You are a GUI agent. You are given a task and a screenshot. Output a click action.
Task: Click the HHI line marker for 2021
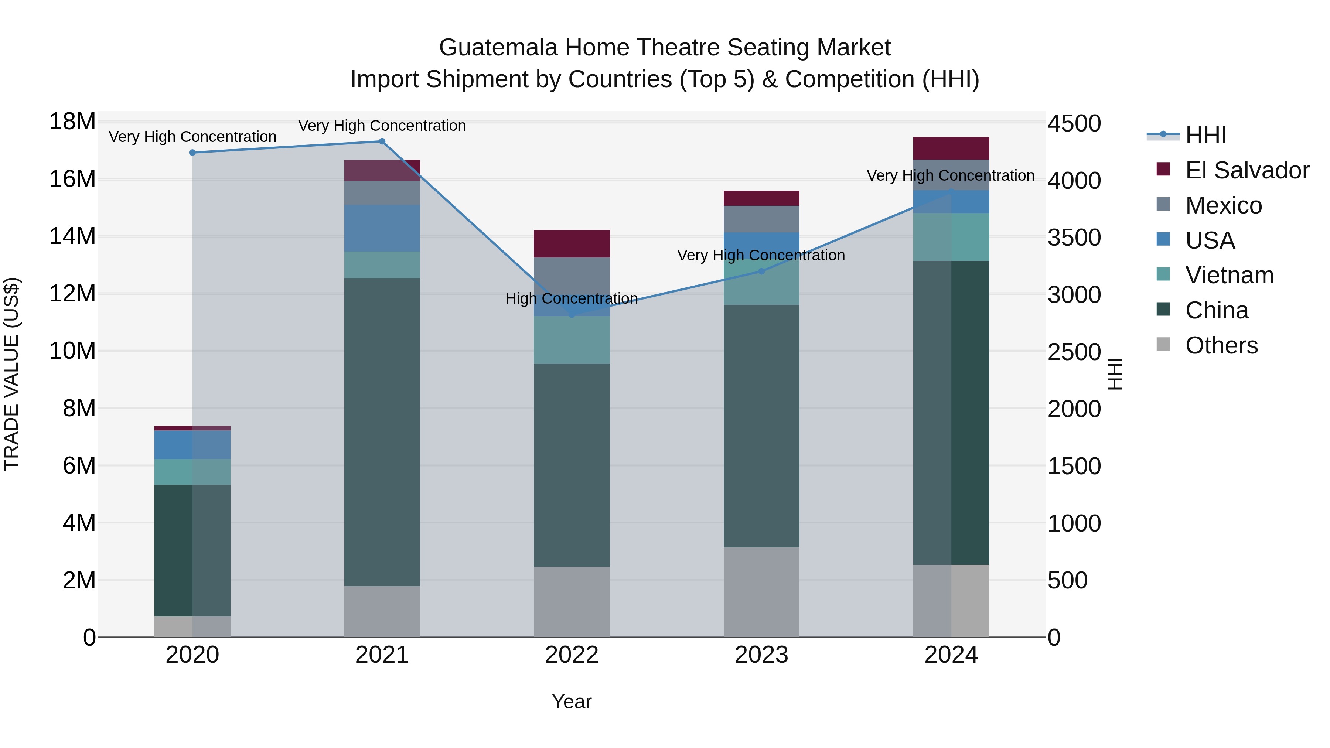tap(382, 141)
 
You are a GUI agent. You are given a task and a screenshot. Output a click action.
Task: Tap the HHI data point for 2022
tap(572, 314)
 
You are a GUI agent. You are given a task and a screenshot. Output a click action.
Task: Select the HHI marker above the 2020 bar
tap(192, 153)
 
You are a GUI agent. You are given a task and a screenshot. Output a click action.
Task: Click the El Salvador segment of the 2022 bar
tap(572, 244)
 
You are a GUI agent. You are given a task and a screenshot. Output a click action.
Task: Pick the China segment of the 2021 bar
tap(382, 432)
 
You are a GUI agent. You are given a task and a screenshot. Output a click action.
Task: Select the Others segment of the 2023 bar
tap(761, 592)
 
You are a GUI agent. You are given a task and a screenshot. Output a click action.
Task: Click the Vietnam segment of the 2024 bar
tap(951, 237)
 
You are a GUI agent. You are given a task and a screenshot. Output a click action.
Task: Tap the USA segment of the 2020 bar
tap(192, 445)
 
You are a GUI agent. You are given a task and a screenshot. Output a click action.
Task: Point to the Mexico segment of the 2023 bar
tap(761, 219)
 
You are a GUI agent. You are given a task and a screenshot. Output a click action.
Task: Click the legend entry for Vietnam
tap(1229, 275)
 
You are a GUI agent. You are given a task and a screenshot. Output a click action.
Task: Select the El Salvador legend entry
tap(1247, 170)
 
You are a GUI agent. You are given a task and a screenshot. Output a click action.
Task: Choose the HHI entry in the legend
tap(1205, 135)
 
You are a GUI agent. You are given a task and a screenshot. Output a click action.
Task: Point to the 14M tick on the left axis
tap(72, 236)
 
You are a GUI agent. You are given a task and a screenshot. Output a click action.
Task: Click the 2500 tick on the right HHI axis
tap(1074, 352)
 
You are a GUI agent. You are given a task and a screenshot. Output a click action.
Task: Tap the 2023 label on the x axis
tap(761, 655)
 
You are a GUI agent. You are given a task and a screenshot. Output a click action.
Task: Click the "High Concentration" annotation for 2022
tap(572, 298)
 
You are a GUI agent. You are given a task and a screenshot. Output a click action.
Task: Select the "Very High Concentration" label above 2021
tap(382, 126)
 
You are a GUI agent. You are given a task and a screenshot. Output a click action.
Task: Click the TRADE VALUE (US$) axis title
tap(11, 374)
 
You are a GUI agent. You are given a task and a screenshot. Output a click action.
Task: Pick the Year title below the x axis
tap(572, 701)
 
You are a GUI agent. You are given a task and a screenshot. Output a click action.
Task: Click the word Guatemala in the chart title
tap(498, 48)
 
